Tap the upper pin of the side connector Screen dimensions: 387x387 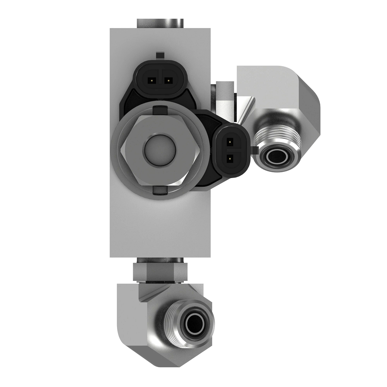230,141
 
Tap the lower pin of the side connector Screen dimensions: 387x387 230,158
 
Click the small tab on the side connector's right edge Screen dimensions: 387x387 255,150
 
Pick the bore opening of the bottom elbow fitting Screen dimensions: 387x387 193,322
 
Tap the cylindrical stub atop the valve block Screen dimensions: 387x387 160,23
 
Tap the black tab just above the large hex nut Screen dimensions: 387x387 160,110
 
